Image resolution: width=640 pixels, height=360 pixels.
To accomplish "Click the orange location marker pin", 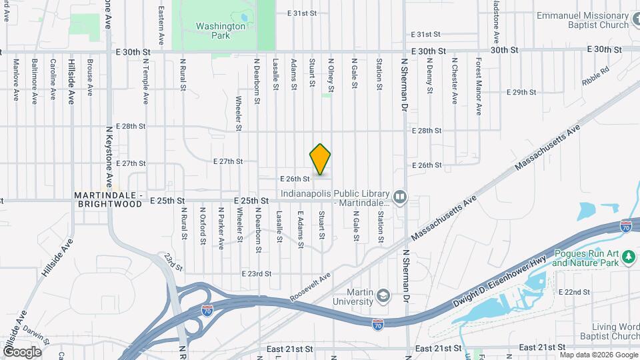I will pos(320,159).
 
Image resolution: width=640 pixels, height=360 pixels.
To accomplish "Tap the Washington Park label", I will pos(221,31).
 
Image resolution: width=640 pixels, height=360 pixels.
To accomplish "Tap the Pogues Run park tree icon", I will pos(628,259).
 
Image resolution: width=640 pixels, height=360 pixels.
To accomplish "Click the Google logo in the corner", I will pos(22,351).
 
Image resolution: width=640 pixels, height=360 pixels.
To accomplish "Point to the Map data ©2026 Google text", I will pos(598,355).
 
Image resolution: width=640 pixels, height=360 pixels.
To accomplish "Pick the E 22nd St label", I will pos(573,292).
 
